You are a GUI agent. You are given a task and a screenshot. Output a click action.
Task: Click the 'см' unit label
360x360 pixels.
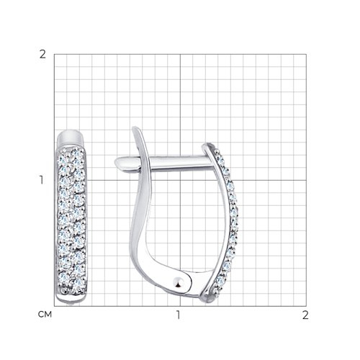coord(45,315)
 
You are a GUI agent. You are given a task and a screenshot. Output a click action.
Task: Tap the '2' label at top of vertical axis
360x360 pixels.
coord(42,55)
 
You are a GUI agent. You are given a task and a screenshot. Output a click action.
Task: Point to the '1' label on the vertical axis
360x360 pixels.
coord(42,180)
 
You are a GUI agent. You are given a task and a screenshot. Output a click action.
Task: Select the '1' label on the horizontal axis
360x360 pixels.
coord(178,315)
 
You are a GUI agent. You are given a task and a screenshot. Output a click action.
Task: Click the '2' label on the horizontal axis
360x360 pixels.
coord(305,315)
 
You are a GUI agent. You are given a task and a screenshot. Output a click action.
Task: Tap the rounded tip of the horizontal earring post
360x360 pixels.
coord(118,164)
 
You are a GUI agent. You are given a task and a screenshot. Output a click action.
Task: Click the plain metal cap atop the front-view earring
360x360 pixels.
coord(71,138)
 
